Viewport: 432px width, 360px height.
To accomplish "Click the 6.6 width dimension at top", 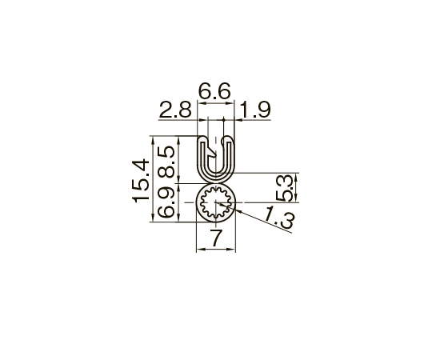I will [x=215, y=93].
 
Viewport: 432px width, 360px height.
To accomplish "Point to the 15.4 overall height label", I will [x=139, y=179].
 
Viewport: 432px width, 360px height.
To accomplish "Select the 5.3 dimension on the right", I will [x=284, y=187].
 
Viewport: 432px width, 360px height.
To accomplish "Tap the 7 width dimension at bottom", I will [x=215, y=238].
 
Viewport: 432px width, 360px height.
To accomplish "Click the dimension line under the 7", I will [x=216, y=249].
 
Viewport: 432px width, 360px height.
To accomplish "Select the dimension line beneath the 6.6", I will [x=215, y=102].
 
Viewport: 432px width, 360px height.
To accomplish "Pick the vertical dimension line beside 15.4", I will [x=152, y=179].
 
